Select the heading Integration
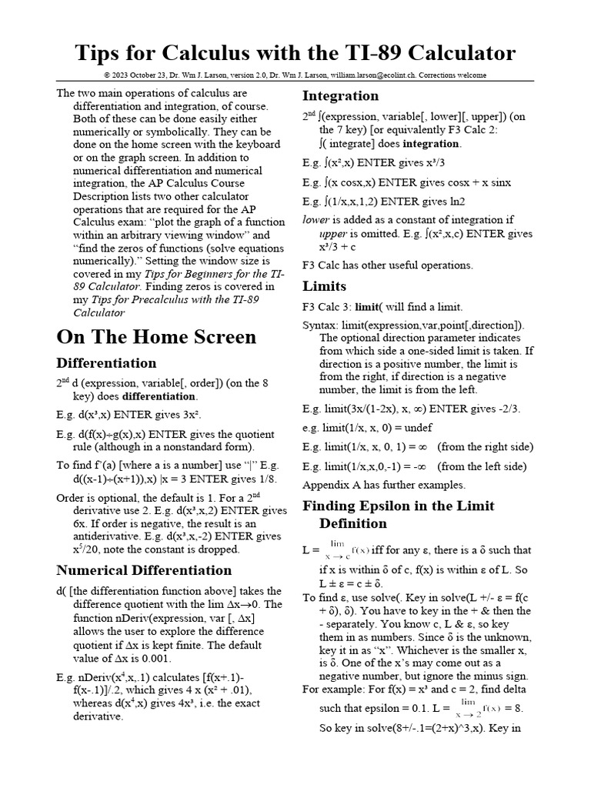(x=340, y=96)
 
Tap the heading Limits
(x=324, y=286)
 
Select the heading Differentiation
(x=106, y=363)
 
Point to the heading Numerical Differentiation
(x=144, y=571)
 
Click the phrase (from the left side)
(x=482, y=466)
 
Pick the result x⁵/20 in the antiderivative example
(x=89, y=549)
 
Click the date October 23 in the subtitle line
(x=152, y=75)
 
